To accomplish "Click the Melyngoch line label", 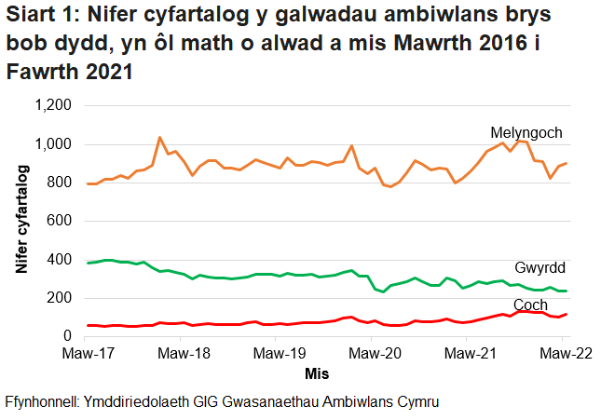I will point(526,133).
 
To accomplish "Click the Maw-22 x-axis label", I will point(563,354).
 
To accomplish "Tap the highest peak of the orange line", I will point(159,137).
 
